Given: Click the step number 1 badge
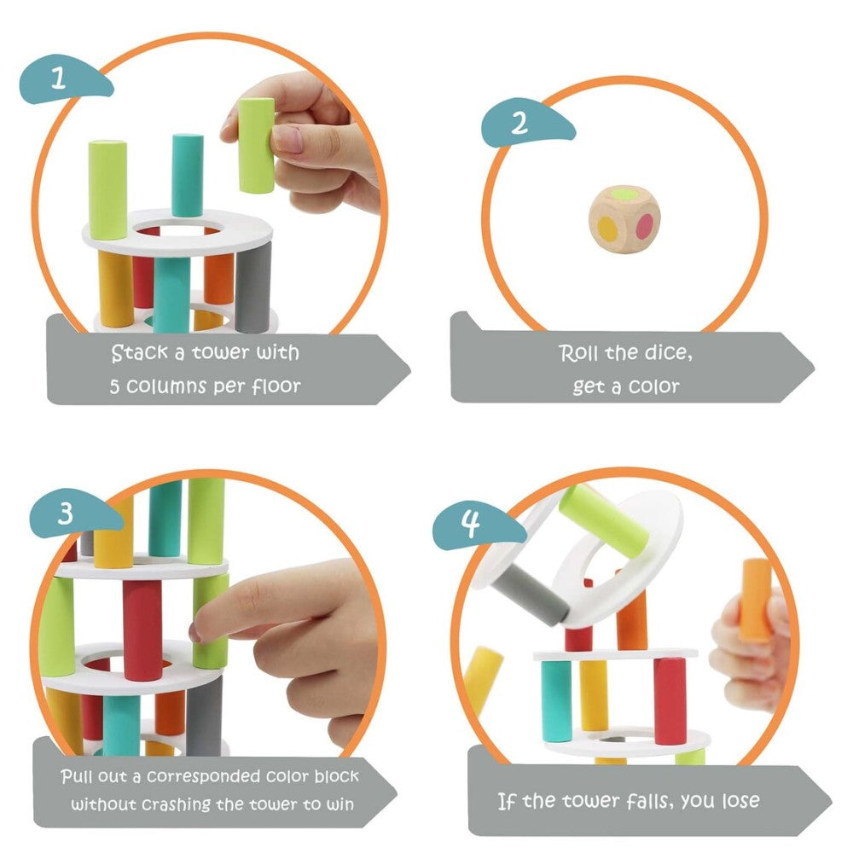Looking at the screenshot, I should tap(61, 80).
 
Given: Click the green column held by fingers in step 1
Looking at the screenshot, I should tap(256, 145).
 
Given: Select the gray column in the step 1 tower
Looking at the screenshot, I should tap(252, 287).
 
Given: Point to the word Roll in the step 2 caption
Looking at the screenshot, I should tap(578, 353).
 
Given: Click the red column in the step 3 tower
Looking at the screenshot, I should tap(142, 630).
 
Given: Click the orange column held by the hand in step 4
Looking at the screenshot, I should tap(755, 599).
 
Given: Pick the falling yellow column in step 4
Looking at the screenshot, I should tap(484, 679).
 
